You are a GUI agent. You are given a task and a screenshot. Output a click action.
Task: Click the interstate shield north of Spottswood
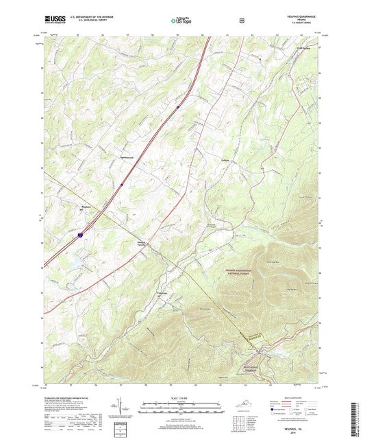(x=177, y=107)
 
